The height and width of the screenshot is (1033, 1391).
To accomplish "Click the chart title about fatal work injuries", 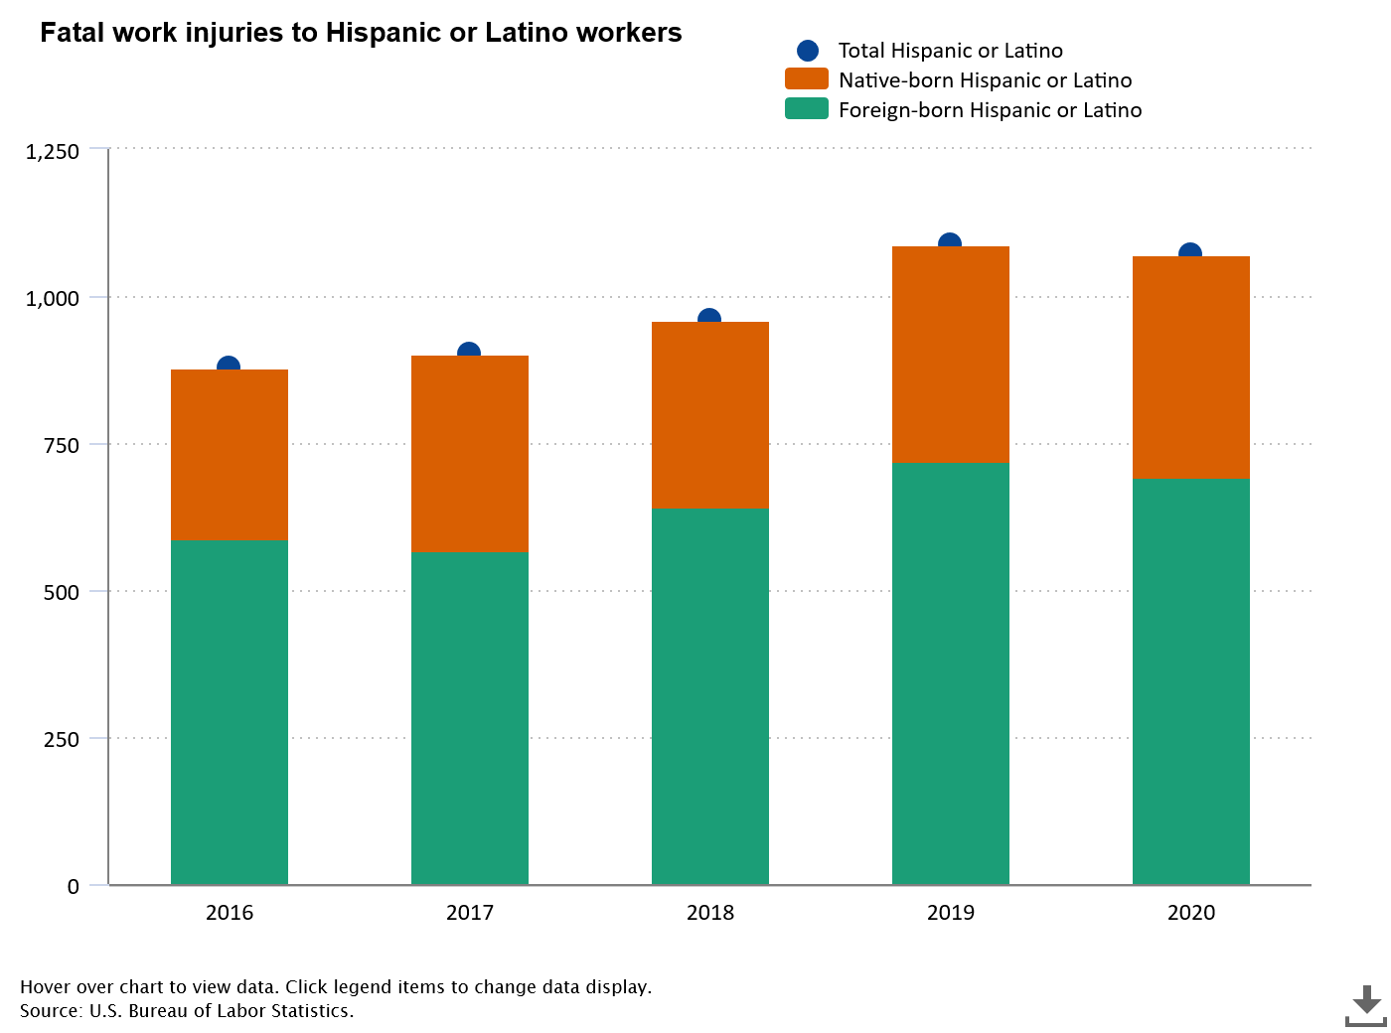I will coord(361,33).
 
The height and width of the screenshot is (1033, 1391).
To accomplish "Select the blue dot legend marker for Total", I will coord(808,51).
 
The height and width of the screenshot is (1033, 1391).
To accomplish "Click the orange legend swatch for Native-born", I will coord(806,79).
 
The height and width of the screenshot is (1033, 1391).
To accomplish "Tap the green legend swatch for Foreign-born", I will coord(806,109).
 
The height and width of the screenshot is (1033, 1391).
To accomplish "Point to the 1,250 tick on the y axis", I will coord(52,152).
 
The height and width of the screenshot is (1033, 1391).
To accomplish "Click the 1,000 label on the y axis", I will coord(52,298).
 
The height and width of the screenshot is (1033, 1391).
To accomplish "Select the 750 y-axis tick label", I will coord(61,445).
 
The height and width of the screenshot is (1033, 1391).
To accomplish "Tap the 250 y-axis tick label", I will coord(61,739).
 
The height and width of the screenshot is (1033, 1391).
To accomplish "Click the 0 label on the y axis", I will coord(73,886).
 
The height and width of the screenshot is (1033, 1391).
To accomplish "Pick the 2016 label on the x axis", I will coord(230,912).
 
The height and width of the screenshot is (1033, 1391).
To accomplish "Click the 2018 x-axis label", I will coord(710,912).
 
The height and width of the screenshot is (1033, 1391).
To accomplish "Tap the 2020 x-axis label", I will coord(1191,912).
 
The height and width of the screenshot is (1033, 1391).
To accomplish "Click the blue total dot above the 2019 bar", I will coord(950,242).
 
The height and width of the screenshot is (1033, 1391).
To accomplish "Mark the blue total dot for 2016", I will coord(229,366).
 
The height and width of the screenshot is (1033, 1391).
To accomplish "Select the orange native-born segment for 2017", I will coord(470,454).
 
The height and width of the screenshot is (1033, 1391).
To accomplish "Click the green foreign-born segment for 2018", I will coord(710,695).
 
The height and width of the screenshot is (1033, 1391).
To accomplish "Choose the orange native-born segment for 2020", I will coord(1191,368).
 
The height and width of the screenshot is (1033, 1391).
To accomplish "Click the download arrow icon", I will coord(1366,1005).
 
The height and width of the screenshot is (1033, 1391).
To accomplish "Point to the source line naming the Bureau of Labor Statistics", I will coord(187,1011).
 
